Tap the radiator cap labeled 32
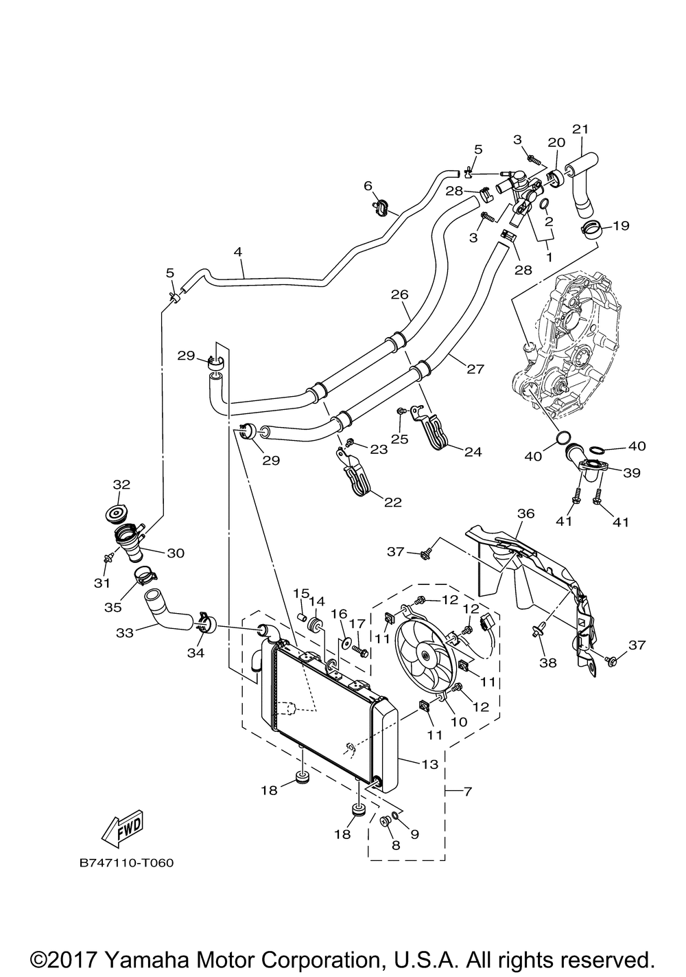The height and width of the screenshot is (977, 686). tap(121, 513)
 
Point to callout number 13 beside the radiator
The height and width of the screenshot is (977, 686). tap(429, 763)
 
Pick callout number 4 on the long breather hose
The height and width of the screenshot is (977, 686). tap(238, 252)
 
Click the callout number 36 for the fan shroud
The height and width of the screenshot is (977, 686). tap(525, 514)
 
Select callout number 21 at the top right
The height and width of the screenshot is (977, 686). tap(580, 129)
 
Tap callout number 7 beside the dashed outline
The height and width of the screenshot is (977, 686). tap(468, 792)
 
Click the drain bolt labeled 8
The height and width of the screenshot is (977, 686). tap(386, 821)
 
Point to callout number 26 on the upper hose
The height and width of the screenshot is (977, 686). tap(399, 295)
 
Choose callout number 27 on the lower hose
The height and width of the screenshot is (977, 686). tap(475, 369)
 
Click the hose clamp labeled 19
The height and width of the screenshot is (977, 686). tap(591, 230)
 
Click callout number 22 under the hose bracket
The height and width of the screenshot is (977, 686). tap(392, 502)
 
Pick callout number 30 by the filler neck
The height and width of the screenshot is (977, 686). tap(176, 553)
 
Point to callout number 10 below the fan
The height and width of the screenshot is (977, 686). tap(458, 722)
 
